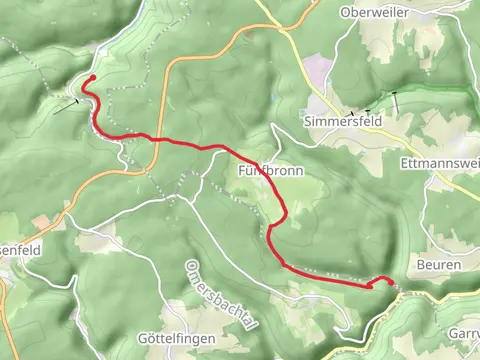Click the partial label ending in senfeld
coord(20,251)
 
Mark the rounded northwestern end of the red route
coord(91,78)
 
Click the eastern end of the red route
coord(389,282)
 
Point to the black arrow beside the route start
coord(67,103)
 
